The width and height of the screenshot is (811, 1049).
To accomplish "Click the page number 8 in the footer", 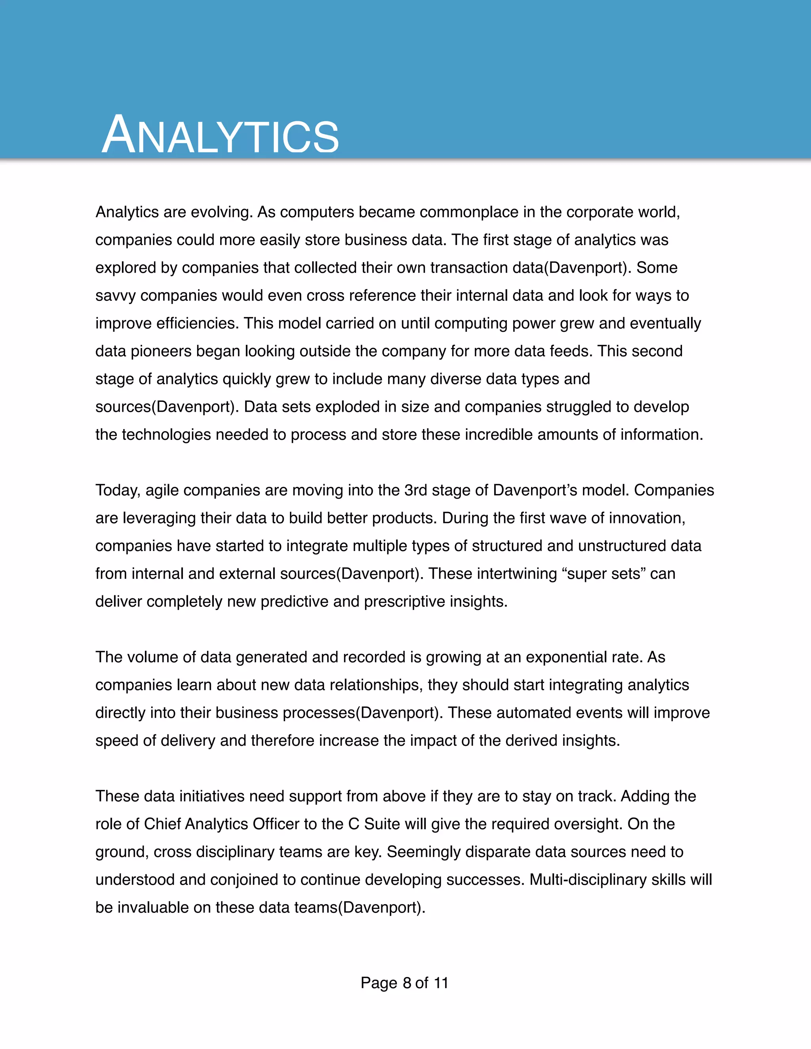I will tap(407, 983).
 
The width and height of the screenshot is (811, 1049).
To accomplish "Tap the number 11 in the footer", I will tap(441, 983).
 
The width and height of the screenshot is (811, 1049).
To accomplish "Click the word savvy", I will tap(115, 295).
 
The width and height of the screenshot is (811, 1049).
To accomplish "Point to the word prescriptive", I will tap(404, 602).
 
